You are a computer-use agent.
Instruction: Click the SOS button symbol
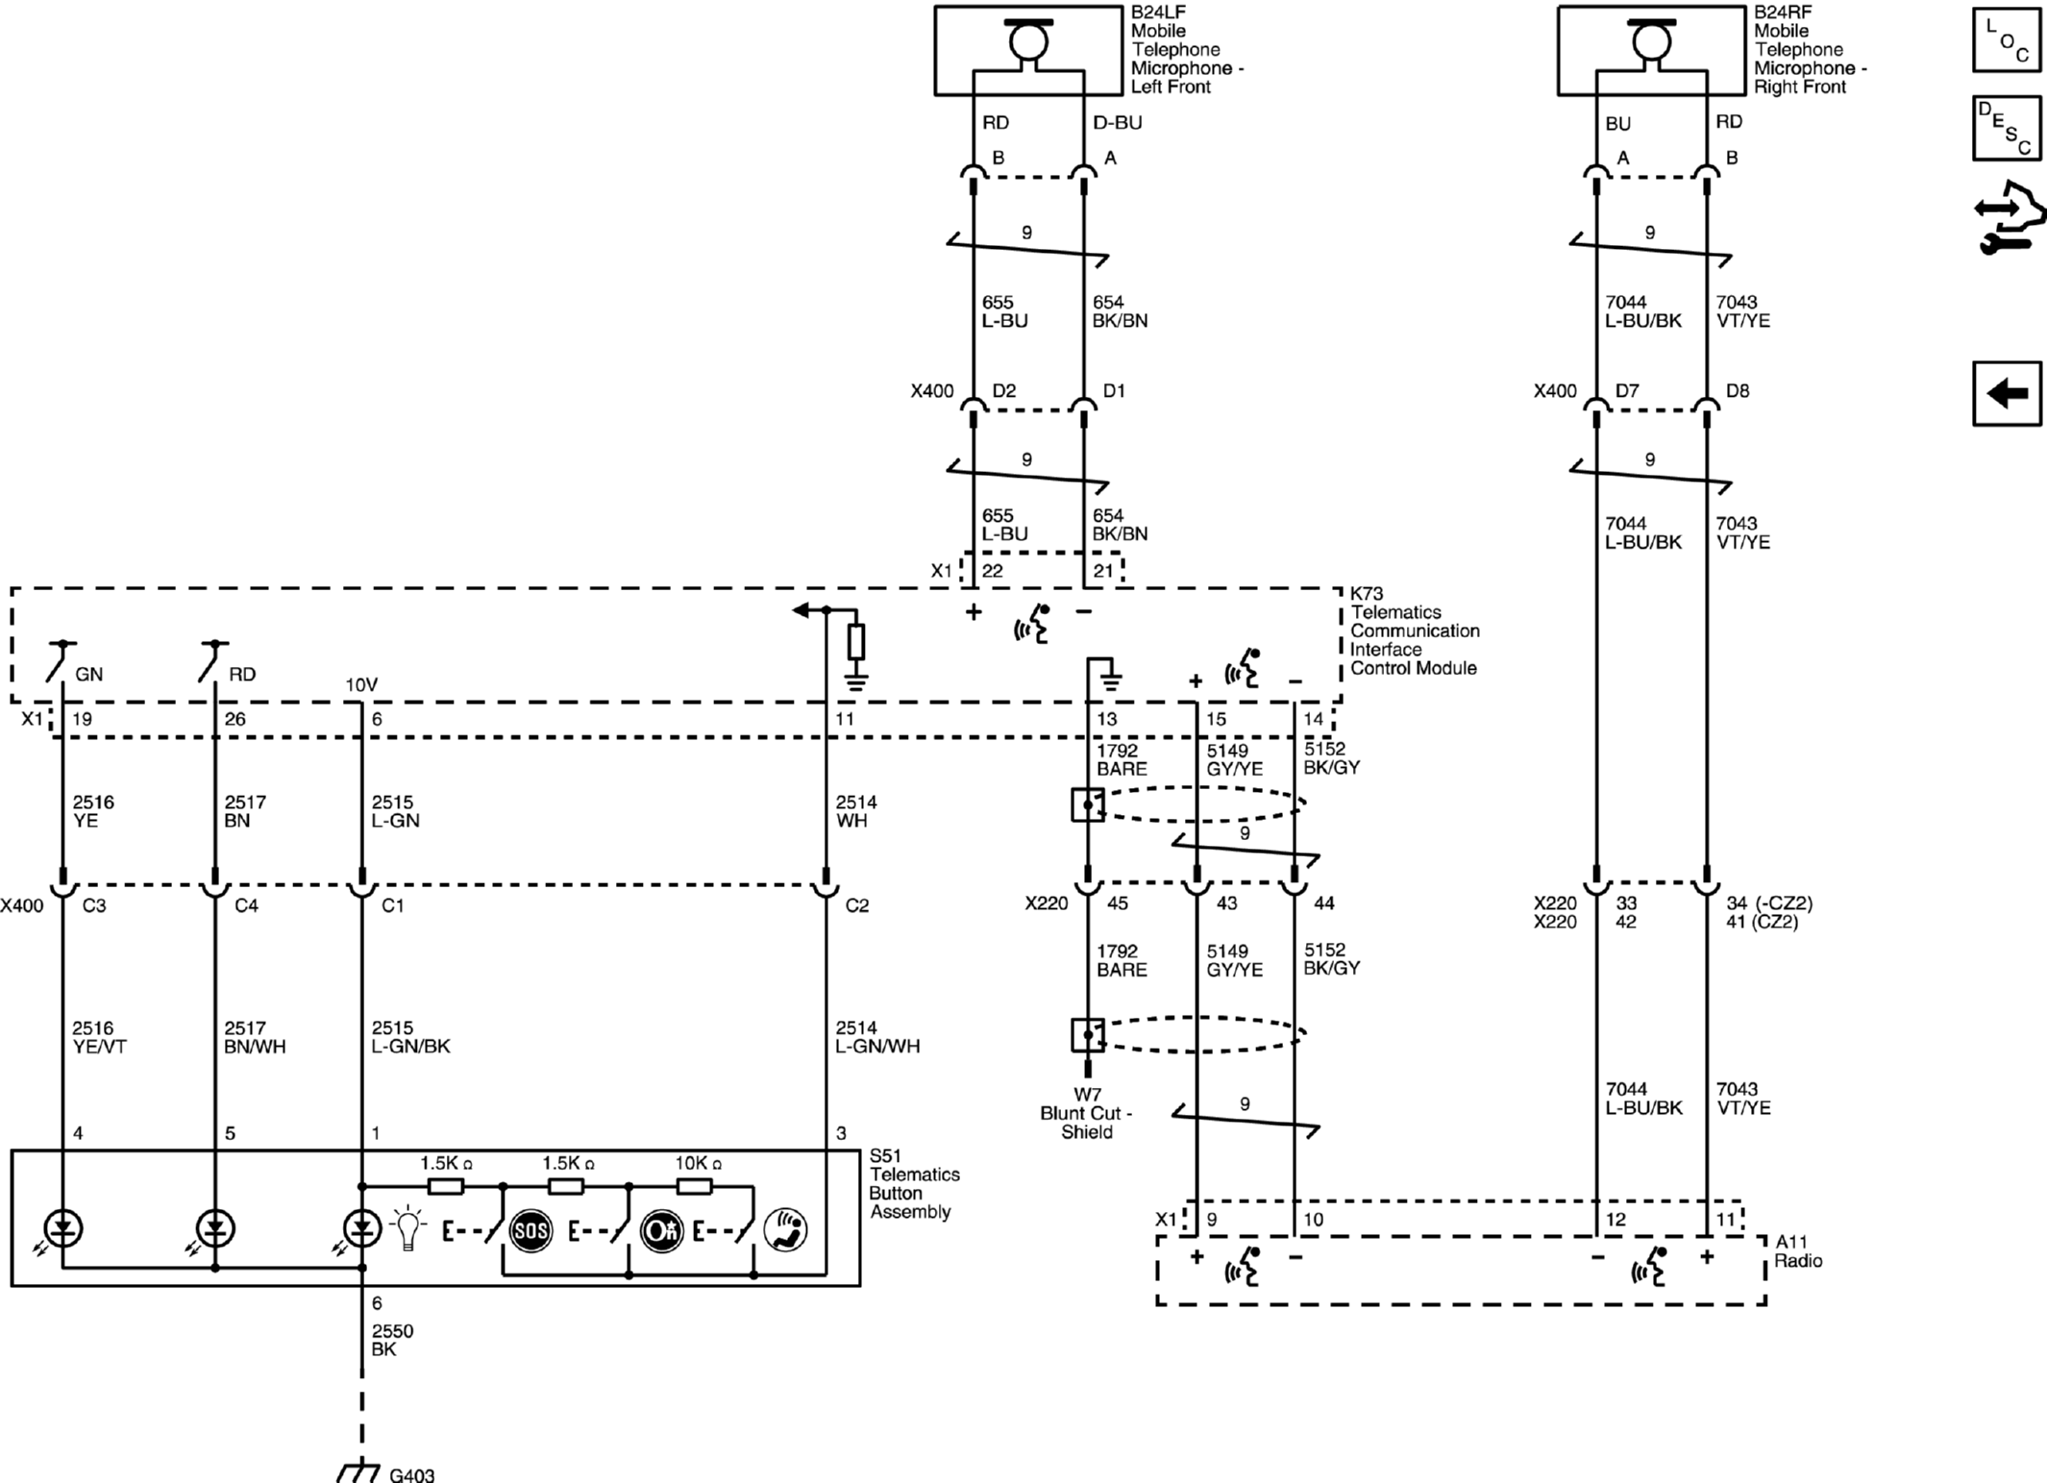(x=530, y=1231)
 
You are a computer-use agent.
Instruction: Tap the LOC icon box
(x=2007, y=39)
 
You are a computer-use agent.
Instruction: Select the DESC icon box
(x=2007, y=127)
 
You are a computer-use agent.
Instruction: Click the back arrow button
(x=2007, y=393)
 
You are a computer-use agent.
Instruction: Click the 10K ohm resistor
(x=694, y=1186)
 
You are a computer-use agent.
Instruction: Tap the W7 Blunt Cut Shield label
(x=1087, y=1113)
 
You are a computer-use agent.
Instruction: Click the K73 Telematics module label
(x=1413, y=630)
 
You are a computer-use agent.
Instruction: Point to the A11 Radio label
(x=1797, y=1251)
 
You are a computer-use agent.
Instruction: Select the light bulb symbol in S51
(x=408, y=1228)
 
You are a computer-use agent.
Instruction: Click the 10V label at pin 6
(x=361, y=685)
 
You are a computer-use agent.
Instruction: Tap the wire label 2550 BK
(x=392, y=1340)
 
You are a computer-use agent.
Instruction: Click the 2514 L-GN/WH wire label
(x=876, y=1037)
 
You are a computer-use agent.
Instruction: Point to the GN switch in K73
(x=62, y=661)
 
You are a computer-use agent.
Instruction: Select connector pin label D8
(x=1737, y=391)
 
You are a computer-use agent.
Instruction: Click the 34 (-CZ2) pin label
(x=1768, y=903)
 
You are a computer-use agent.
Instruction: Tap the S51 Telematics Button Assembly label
(x=913, y=1183)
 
